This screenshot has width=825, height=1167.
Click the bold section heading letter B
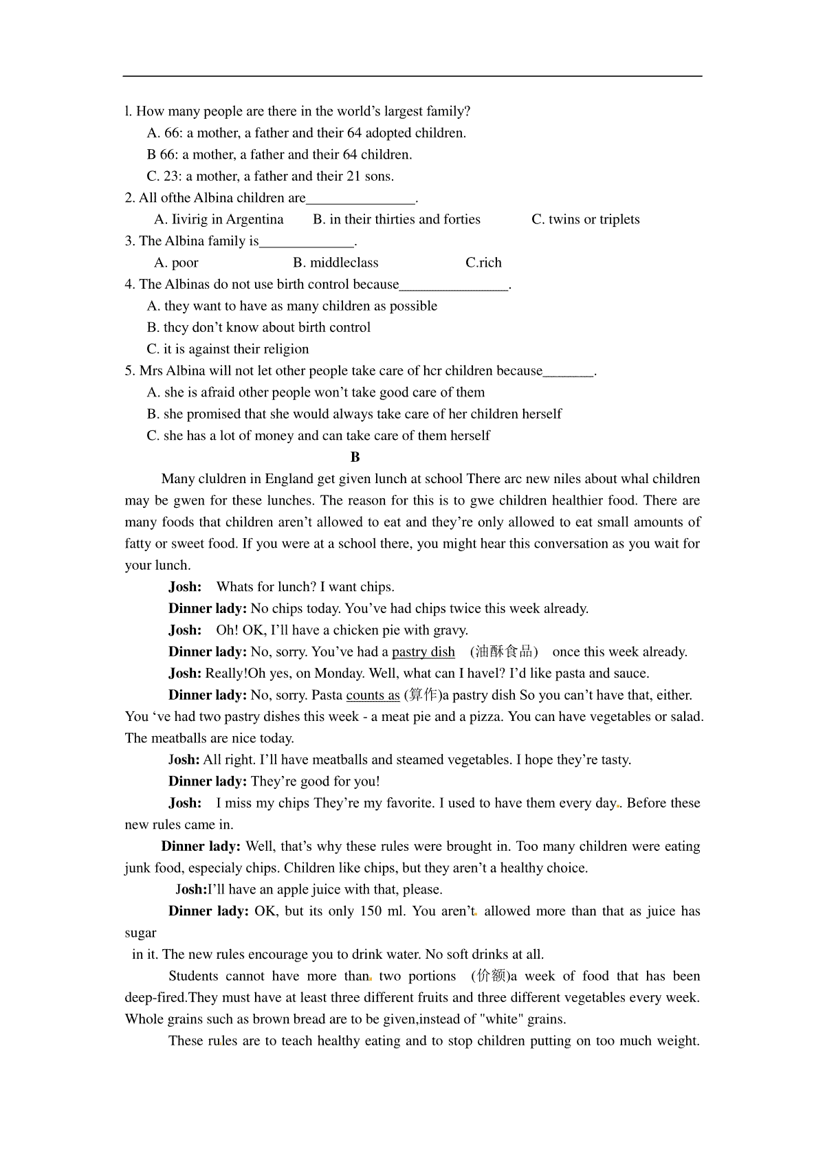[x=355, y=457]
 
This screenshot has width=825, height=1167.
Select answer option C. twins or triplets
[x=586, y=219]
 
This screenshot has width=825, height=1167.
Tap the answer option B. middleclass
[x=335, y=263]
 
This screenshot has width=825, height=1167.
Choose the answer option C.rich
[x=483, y=263]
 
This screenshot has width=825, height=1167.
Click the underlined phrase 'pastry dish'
[x=423, y=652]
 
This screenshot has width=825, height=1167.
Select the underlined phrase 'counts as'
[x=373, y=696]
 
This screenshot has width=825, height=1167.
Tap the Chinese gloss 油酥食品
[x=504, y=652]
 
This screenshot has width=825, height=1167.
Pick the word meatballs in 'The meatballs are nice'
[x=179, y=739]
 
